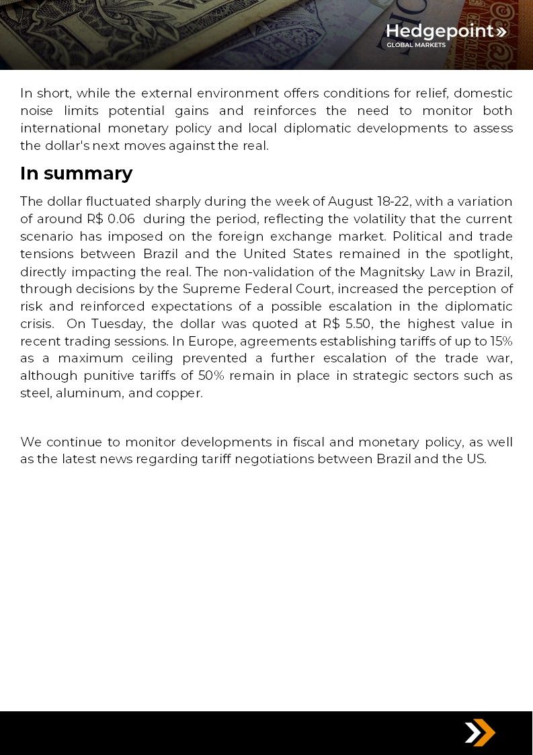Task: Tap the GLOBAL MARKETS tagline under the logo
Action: (x=415, y=45)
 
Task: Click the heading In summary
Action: (x=76, y=173)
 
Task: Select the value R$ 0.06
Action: (x=111, y=219)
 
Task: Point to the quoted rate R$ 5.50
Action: (x=347, y=323)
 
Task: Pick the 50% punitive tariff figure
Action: (x=211, y=376)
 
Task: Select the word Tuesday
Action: (x=118, y=323)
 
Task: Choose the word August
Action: (x=350, y=202)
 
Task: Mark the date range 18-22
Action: (x=394, y=202)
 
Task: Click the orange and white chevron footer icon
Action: (x=479, y=733)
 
